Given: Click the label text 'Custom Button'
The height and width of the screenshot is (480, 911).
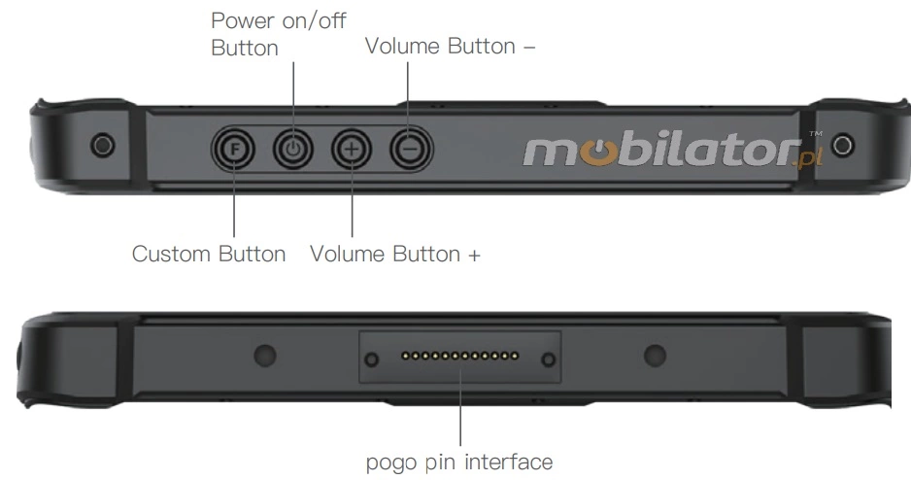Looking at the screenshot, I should click(x=209, y=255).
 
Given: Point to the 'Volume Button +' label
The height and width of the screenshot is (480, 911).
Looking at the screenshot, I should click(x=395, y=255).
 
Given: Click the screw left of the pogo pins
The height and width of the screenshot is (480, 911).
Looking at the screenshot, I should click(x=370, y=360).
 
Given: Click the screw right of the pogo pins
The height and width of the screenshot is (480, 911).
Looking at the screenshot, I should click(x=548, y=360).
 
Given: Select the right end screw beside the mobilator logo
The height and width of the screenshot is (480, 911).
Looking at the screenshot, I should click(x=842, y=145).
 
